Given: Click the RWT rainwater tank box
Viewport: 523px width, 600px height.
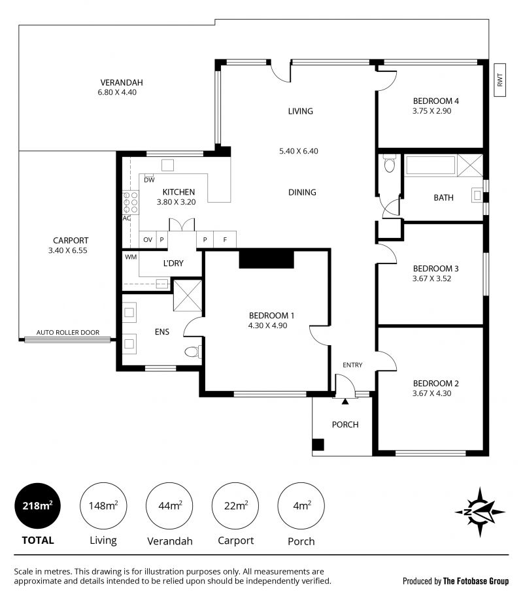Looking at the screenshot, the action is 499,80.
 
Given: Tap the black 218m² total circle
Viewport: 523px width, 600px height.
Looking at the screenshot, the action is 37,506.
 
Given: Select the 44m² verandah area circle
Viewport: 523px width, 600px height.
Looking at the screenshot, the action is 169,506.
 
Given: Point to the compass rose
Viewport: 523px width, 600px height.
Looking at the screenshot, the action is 480,512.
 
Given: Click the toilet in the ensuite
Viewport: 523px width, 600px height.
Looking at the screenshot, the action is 193,351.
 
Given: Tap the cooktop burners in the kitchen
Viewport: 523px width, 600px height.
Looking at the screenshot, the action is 131,203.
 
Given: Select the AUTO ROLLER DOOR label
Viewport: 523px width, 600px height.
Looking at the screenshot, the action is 68,333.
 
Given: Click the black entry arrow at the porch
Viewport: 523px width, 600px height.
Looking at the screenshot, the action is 345,401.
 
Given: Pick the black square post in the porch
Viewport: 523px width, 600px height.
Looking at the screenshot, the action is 318,444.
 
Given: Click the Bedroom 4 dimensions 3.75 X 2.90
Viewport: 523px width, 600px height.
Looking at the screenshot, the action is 432,111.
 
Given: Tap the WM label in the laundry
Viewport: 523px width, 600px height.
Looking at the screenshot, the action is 131,257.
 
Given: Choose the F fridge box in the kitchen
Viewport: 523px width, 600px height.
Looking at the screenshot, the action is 225,239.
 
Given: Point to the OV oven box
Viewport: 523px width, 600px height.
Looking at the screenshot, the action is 148,240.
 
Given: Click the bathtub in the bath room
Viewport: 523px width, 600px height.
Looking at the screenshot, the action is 431,165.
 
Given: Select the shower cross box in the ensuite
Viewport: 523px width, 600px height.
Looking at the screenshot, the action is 188,295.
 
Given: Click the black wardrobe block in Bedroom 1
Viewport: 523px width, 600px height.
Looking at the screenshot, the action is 267,259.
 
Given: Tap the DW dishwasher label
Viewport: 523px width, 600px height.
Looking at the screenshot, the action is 149,180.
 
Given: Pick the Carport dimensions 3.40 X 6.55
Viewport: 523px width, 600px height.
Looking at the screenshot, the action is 68,250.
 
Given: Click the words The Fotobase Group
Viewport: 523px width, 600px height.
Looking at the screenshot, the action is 476,581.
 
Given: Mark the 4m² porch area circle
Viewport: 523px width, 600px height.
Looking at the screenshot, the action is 301,506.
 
